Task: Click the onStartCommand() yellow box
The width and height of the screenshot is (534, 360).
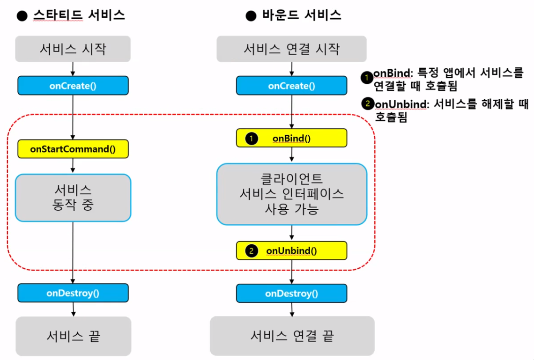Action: [73, 149]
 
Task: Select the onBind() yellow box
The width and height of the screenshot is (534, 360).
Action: [291, 139]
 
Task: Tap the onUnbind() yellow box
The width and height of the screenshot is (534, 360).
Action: [291, 250]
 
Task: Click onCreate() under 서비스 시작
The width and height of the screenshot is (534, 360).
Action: [73, 86]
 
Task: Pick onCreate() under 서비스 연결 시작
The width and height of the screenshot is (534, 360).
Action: [291, 86]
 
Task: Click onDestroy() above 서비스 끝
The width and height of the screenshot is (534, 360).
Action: [73, 293]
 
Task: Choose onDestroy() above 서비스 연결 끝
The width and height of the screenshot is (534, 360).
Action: [291, 294]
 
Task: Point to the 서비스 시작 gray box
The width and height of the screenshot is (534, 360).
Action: [73, 49]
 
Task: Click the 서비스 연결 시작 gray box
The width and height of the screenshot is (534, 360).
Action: [291, 49]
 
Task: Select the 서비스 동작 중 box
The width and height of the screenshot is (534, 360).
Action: [73, 198]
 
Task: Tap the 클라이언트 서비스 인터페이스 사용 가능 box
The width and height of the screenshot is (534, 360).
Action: [291, 194]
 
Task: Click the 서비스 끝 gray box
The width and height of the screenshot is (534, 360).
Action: [73, 336]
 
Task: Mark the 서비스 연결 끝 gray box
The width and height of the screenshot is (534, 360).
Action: [292, 336]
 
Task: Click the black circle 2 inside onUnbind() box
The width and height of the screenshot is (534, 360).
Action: [252, 251]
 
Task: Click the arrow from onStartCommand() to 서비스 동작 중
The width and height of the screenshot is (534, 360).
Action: [73, 166]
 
